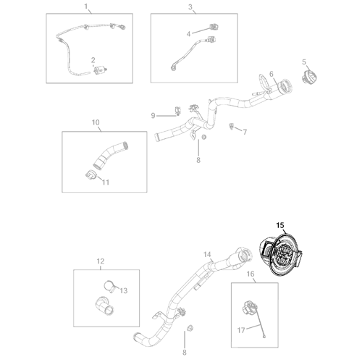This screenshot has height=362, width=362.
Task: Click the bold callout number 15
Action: pos(280,225)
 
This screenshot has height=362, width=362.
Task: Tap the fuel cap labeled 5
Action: pos(309,77)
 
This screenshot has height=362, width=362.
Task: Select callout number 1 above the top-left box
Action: pos(86,7)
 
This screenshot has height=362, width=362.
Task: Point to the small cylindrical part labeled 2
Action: pos(100,70)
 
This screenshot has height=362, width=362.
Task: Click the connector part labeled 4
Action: pos(214,27)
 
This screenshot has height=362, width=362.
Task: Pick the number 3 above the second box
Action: pos(190,7)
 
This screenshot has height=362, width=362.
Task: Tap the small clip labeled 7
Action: pos(231,126)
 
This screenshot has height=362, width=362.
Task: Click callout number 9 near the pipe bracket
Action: pos(153,116)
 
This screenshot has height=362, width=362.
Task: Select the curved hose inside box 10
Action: pos(109,155)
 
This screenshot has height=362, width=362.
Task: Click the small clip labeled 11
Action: pos(90,174)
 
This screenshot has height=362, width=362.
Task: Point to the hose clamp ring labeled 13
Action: pos(109,287)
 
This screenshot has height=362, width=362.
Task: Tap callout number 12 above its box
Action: pos(101,261)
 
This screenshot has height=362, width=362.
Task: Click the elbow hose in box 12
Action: pos(104,306)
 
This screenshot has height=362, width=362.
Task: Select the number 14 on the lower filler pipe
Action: pos(207,254)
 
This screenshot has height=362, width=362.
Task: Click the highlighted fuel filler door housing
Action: pos(281,255)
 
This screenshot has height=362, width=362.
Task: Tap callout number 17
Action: pos(241,330)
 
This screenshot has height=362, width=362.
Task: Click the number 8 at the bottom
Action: pos(185,353)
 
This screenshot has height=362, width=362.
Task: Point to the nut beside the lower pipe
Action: pos(190,328)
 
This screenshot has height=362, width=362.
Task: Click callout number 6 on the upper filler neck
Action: pos(271,74)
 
